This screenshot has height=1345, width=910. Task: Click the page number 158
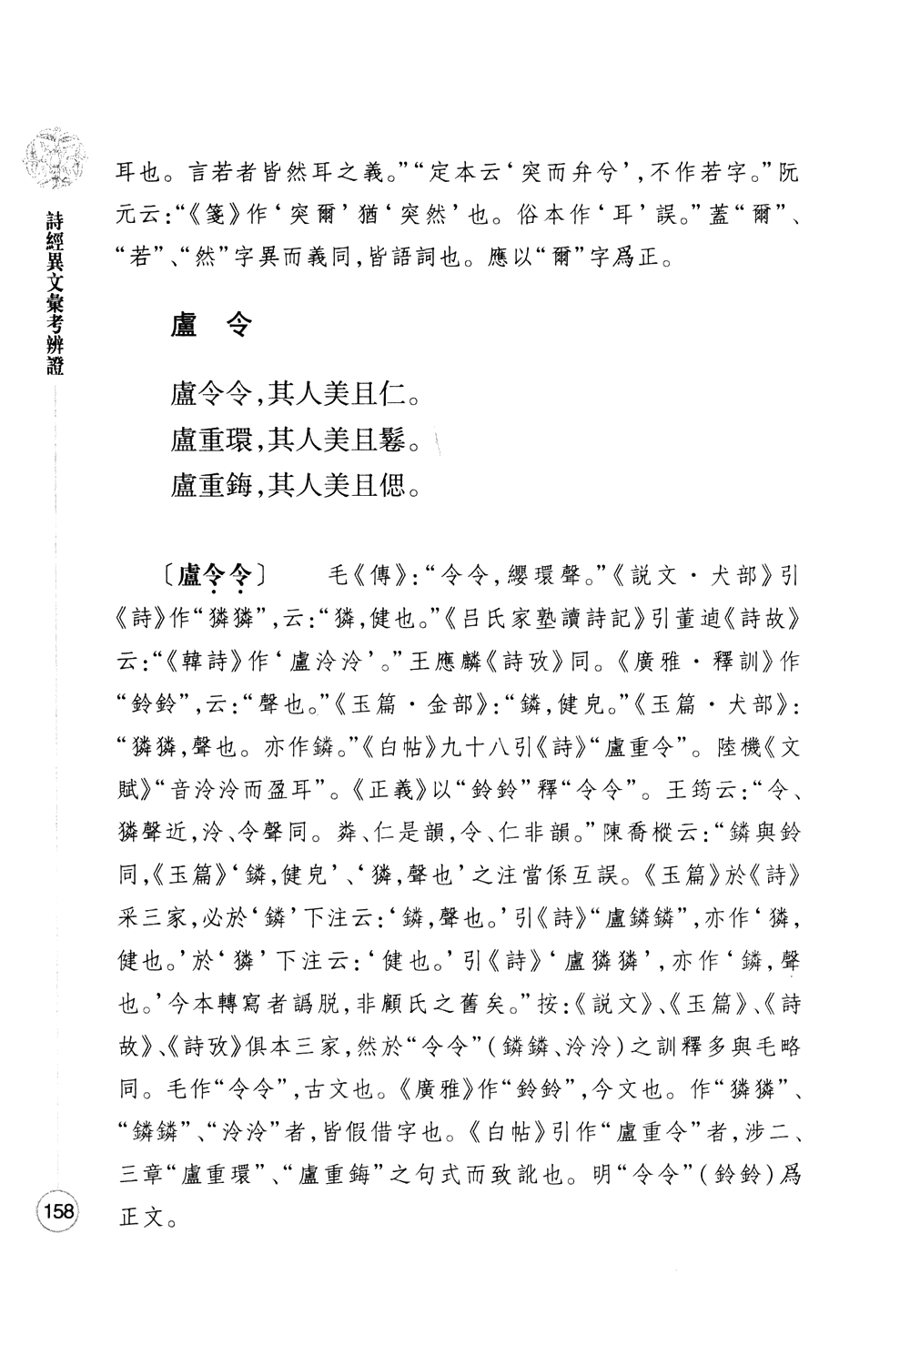pos(57,1209)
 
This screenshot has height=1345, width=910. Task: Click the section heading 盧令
pos(210,325)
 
